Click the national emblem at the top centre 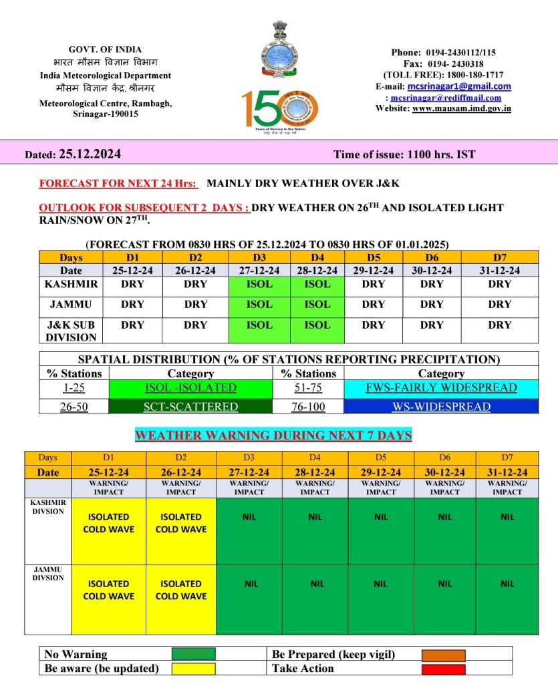pyautogui.click(x=279, y=32)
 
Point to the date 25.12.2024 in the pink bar pyautogui.click(x=90, y=154)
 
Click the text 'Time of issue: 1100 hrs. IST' pyautogui.click(x=404, y=154)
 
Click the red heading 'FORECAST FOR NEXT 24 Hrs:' pyautogui.click(x=118, y=183)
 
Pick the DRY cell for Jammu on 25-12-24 pyautogui.click(x=132, y=305)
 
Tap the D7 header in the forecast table pyautogui.click(x=499, y=256)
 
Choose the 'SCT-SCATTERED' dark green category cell pyautogui.click(x=190, y=406)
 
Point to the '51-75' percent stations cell pyautogui.click(x=309, y=387)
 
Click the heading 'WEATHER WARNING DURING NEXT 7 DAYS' pyautogui.click(x=273, y=436)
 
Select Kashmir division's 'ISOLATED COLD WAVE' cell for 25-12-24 pyautogui.click(x=108, y=523)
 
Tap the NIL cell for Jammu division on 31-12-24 pyautogui.click(x=507, y=584)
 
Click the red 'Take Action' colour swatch pyautogui.click(x=442, y=668)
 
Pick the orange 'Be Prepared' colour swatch pyautogui.click(x=442, y=655)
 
